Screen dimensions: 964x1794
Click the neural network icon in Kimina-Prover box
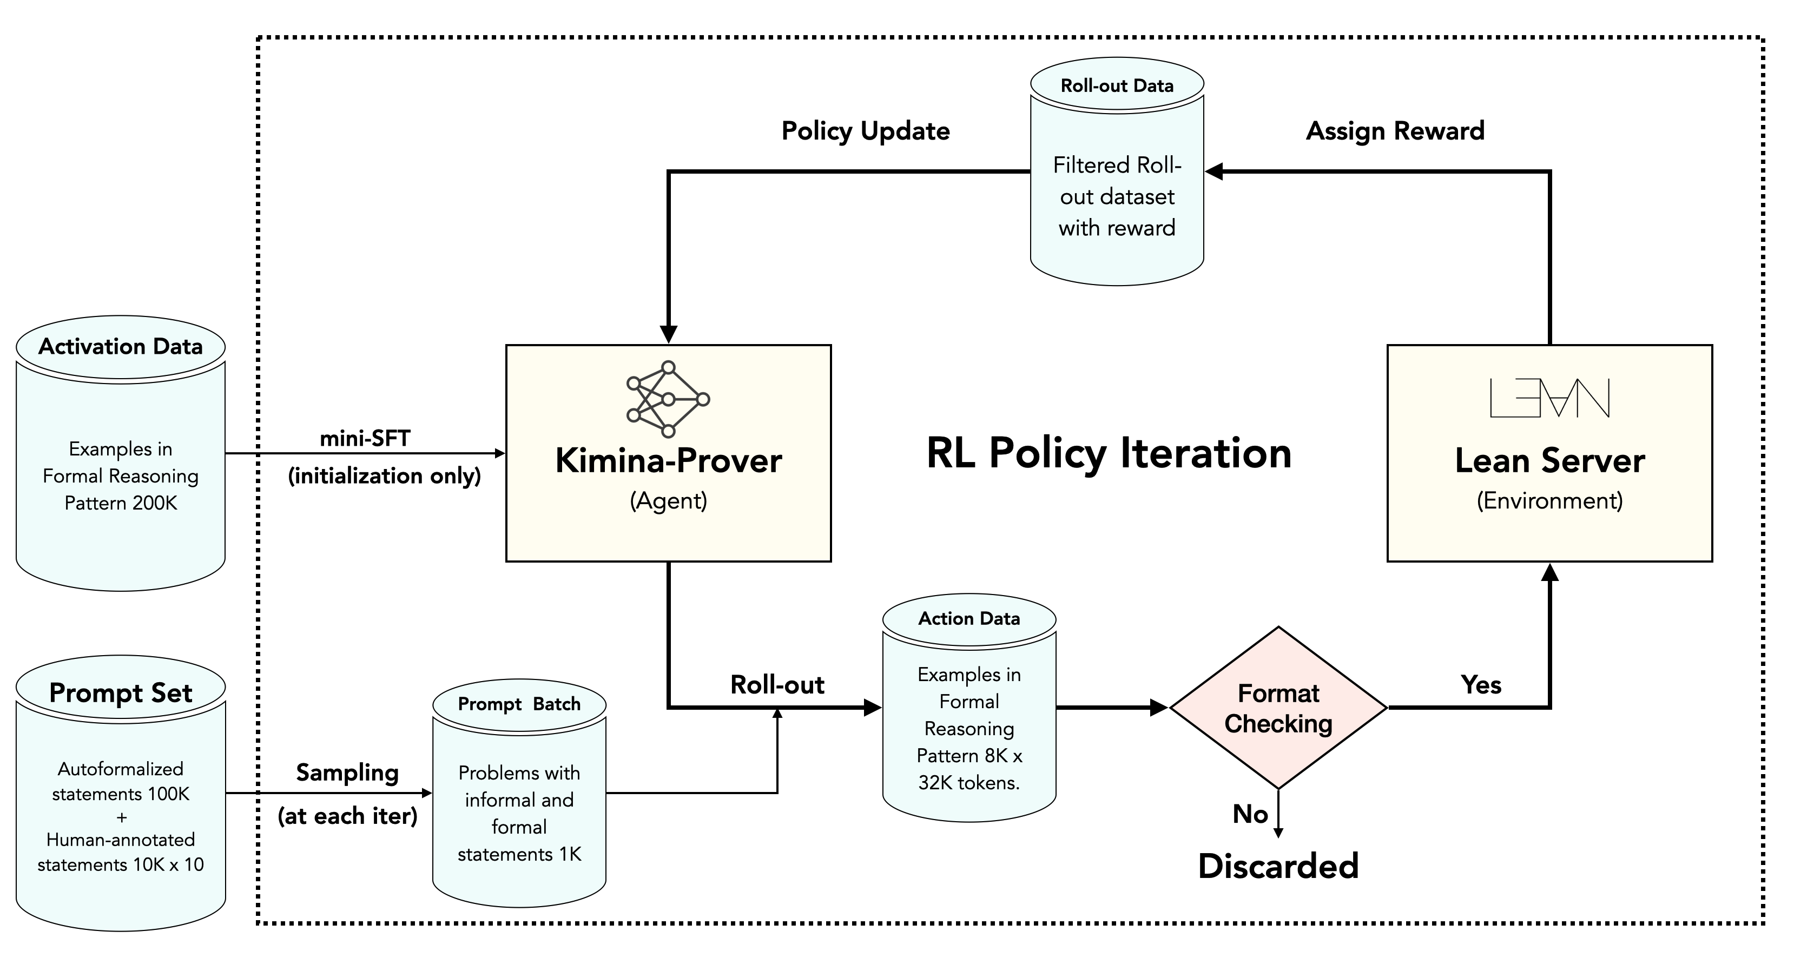click(668, 399)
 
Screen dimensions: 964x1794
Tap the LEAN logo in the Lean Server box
click(1549, 398)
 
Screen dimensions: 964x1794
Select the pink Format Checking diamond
click(1278, 708)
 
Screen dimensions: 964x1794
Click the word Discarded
click(1278, 866)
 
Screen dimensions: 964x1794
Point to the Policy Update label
click(866, 131)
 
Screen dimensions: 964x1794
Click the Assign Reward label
click(1395, 131)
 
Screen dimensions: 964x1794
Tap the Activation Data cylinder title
click(121, 346)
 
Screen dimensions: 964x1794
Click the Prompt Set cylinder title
click(121, 692)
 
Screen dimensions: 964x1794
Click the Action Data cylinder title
click(969, 618)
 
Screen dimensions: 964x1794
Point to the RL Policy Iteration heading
click(1109, 453)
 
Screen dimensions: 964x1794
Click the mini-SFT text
click(365, 438)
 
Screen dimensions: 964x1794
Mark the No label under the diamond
click(1250, 814)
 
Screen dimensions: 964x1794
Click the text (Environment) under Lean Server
click(1549, 501)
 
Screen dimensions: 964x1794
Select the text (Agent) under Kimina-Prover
click(668, 501)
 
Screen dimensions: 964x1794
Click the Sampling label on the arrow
click(347, 772)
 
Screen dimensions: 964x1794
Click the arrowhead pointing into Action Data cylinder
click(873, 708)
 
